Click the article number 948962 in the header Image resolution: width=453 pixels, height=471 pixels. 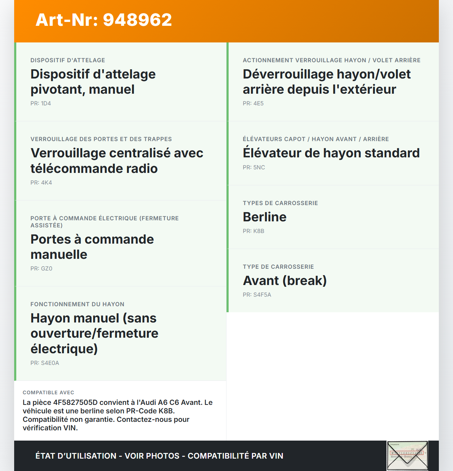tap(137, 20)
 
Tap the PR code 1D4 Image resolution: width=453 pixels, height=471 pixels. tap(41, 104)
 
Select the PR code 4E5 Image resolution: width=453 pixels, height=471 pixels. tap(253, 104)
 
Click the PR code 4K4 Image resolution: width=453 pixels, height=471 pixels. tap(41, 183)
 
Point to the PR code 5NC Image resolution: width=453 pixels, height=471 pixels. tap(254, 168)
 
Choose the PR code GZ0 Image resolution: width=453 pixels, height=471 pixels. tap(41, 269)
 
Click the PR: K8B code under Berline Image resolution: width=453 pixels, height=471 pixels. tap(253, 231)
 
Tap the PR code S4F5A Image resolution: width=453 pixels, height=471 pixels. tap(257, 295)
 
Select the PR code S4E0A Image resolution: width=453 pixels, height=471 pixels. tap(45, 363)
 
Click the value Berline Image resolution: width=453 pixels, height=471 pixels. tap(265, 217)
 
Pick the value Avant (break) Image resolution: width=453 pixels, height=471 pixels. tap(285, 281)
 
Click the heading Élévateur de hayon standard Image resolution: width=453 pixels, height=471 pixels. tap(331, 153)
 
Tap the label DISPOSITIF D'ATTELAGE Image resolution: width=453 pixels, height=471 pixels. tap(68, 60)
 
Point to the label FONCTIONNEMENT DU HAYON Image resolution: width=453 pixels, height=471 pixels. tap(77, 304)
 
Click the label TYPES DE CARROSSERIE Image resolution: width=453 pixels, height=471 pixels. tap(280, 203)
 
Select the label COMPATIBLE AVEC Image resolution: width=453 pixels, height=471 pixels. tap(48, 393)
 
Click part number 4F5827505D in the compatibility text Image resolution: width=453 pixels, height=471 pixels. tap(75, 403)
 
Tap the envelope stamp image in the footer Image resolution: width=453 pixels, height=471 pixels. tap(407, 455)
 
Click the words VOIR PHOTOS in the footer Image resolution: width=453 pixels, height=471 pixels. tap(152, 456)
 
